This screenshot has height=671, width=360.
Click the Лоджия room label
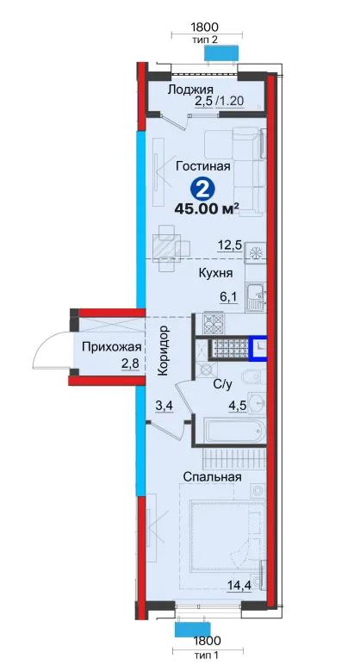tap(190, 90)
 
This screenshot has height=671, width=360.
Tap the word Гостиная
tap(203, 166)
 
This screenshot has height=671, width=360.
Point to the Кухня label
tap(216, 273)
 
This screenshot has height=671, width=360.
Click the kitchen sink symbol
tap(256, 297)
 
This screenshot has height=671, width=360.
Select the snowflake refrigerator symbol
tap(256, 253)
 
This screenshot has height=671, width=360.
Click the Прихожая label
tap(106, 346)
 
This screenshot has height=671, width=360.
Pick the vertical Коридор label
tap(163, 351)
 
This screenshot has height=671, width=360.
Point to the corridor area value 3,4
tap(164, 406)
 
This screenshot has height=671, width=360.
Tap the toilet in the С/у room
tap(253, 377)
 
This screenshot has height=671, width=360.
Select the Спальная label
tap(212, 476)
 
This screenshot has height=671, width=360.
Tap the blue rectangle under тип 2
tap(221, 53)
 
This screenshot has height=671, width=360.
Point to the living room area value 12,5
tap(229, 245)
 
